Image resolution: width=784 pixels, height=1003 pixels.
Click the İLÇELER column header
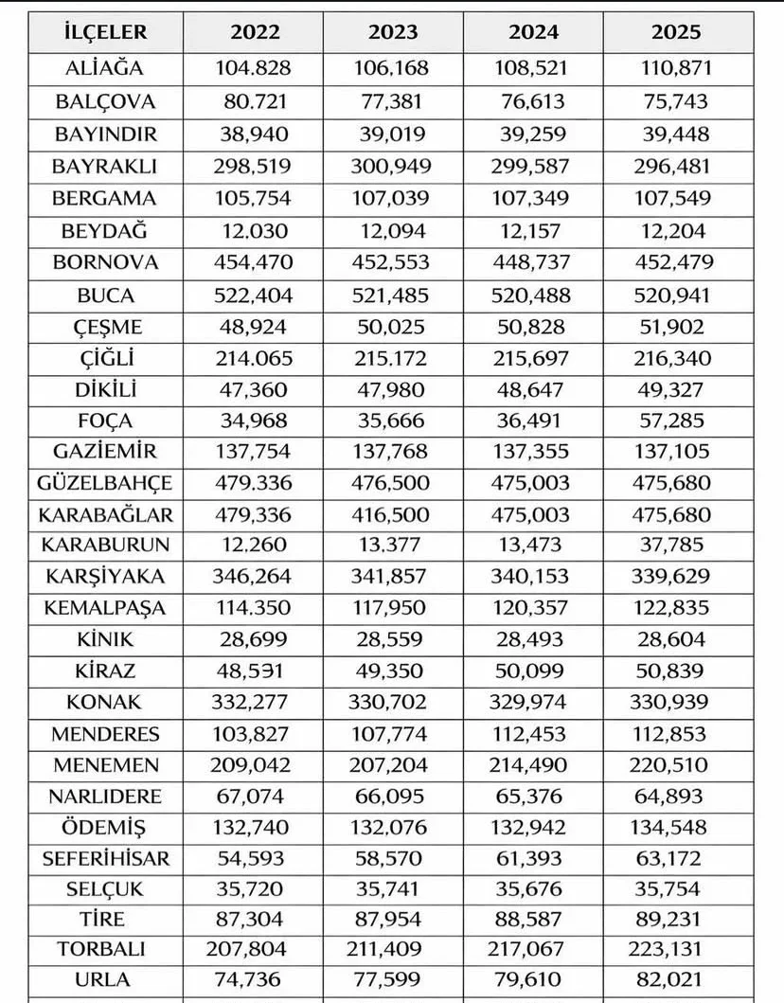pyautogui.click(x=106, y=32)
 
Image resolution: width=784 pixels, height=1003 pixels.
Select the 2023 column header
pyautogui.click(x=393, y=32)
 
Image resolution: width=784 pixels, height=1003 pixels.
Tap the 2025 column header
pyautogui.click(x=676, y=32)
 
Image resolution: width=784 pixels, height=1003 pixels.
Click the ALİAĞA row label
pyautogui.click(x=106, y=68)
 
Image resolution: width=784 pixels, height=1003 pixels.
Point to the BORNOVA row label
pyautogui.click(x=106, y=262)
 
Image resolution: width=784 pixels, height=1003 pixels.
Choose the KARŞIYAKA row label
pyautogui.click(x=106, y=576)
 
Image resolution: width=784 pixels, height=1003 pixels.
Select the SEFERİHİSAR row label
pyautogui.click(x=106, y=858)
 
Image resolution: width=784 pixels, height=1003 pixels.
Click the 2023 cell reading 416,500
pyautogui.click(x=393, y=514)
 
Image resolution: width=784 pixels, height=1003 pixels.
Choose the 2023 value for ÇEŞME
pyautogui.click(x=393, y=327)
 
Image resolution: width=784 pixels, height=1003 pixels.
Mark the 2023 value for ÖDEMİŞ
pyautogui.click(x=393, y=827)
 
